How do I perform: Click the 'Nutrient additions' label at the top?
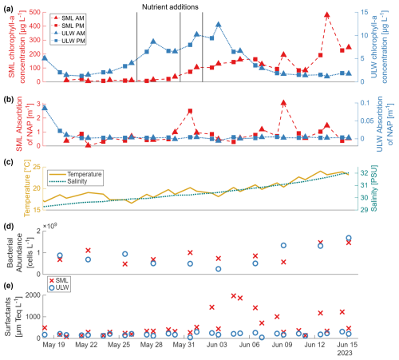(x=170, y=7)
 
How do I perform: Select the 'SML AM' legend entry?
(x=69, y=18)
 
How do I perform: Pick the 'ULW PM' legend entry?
(x=69, y=41)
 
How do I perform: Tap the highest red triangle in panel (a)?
(x=327, y=14)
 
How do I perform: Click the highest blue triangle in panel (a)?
(x=219, y=25)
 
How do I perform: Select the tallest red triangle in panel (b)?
(x=283, y=103)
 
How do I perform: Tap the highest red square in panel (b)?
(x=190, y=111)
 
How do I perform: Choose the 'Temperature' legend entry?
(x=75, y=174)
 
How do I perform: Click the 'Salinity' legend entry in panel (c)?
(x=68, y=181)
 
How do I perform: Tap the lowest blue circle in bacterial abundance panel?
(x=219, y=269)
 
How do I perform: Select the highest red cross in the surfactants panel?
(x=234, y=295)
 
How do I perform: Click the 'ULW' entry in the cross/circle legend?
(x=59, y=287)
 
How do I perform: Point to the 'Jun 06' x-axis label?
(x=249, y=345)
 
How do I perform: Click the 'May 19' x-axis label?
(x=53, y=345)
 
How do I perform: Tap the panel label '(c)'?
(x=8, y=162)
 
